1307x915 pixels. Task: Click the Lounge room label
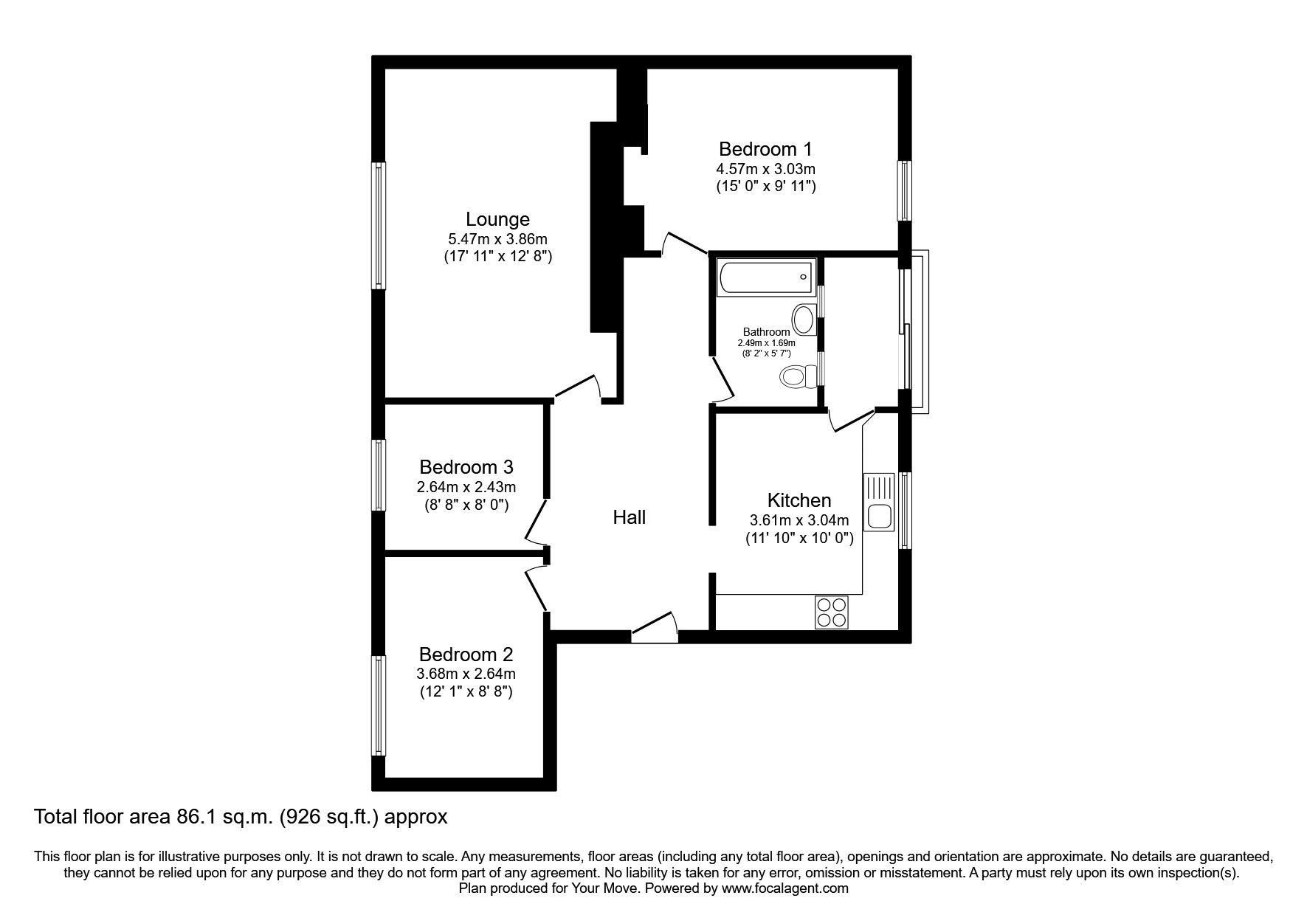coord(497,219)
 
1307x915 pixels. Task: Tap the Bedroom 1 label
coord(765,148)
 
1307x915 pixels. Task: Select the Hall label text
coord(630,517)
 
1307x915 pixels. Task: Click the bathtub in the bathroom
coord(765,277)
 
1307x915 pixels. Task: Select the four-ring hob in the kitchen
coord(832,612)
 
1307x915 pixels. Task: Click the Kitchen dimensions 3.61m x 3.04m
coord(799,519)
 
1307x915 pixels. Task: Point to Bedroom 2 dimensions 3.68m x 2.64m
coord(466,674)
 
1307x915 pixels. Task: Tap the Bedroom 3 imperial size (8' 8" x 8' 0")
coord(466,505)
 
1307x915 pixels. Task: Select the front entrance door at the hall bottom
coord(654,626)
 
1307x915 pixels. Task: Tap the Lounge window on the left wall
coord(379,225)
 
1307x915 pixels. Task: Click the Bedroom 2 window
coord(379,705)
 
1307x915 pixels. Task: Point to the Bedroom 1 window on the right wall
coord(904,190)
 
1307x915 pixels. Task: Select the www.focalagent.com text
coord(784,888)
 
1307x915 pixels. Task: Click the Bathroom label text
coord(766,332)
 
